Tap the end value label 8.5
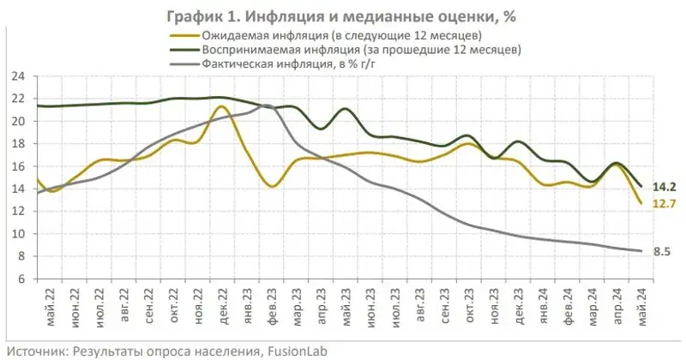(661, 251)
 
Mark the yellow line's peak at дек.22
(221, 106)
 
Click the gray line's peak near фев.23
(266, 105)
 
